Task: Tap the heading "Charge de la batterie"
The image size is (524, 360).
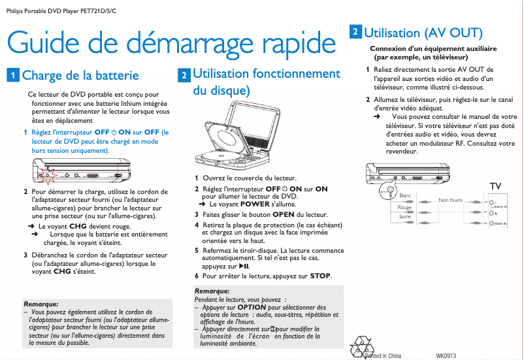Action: pos(80,75)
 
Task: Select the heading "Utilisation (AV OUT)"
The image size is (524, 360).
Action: pos(423,32)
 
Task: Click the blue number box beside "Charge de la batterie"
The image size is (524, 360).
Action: pos(12,75)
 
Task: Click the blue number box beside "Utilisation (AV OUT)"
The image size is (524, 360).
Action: pos(354,31)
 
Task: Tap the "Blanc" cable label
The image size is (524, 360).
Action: pos(405,195)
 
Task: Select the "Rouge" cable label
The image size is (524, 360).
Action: pos(405,207)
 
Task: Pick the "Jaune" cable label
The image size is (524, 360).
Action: pos(405,216)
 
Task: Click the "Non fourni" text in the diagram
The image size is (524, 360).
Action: pos(450,200)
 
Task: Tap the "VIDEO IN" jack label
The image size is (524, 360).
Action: pos(500,224)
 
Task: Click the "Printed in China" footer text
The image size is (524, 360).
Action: pos(385,355)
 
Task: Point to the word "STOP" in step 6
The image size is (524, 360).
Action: pos(320,276)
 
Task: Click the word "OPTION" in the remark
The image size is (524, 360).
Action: pos(252,307)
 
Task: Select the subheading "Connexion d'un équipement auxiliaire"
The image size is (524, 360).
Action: pos(433,48)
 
